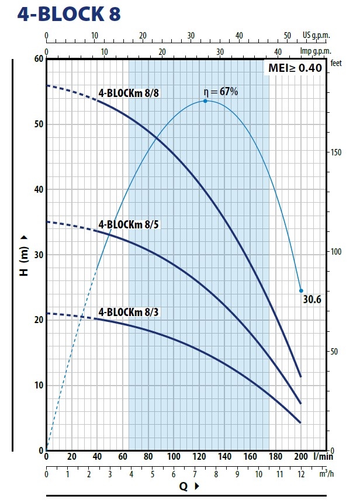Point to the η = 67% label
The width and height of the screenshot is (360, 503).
[220, 92]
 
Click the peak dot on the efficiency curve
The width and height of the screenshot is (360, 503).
[205, 101]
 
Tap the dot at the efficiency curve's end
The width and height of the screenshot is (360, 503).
[302, 290]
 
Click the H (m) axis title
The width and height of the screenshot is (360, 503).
[25, 255]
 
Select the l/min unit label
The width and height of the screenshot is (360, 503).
[320, 456]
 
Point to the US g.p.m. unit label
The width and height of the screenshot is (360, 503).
[317, 35]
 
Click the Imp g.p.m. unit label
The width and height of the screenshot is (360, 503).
[316, 51]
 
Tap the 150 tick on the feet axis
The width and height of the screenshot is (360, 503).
[337, 152]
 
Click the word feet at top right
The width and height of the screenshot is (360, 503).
[336, 64]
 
